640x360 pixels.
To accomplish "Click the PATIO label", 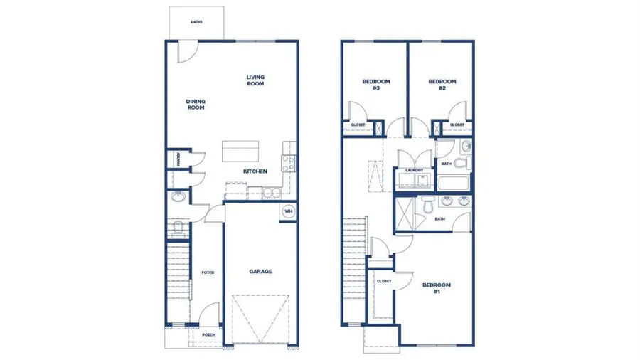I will click(x=196, y=22).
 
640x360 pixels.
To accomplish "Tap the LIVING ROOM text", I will click(x=255, y=80).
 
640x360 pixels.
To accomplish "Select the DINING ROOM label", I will click(x=196, y=105).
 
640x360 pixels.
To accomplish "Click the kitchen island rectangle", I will click(x=238, y=152).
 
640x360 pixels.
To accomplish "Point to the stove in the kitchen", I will click(x=288, y=164).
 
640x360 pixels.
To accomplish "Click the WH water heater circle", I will click(x=289, y=211).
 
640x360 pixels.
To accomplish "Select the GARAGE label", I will click(x=260, y=271).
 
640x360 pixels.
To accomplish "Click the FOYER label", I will click(x=208, y=272).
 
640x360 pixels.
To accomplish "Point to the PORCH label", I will click(x=209, y=334).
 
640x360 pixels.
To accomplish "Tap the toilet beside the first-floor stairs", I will click(x=178, y=228).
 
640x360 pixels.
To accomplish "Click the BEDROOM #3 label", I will click(x=375, y=85).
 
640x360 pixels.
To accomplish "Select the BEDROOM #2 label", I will click(x=442, y=85).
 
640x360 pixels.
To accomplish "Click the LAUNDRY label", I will click(x=414, y=170).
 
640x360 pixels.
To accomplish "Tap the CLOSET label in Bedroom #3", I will click(x=358, y=125).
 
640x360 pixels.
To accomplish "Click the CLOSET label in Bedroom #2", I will click(x=457, y=125).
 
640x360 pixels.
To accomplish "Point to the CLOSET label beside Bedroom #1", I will click(x=383, y=281).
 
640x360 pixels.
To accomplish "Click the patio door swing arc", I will click(x=186, y=51).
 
